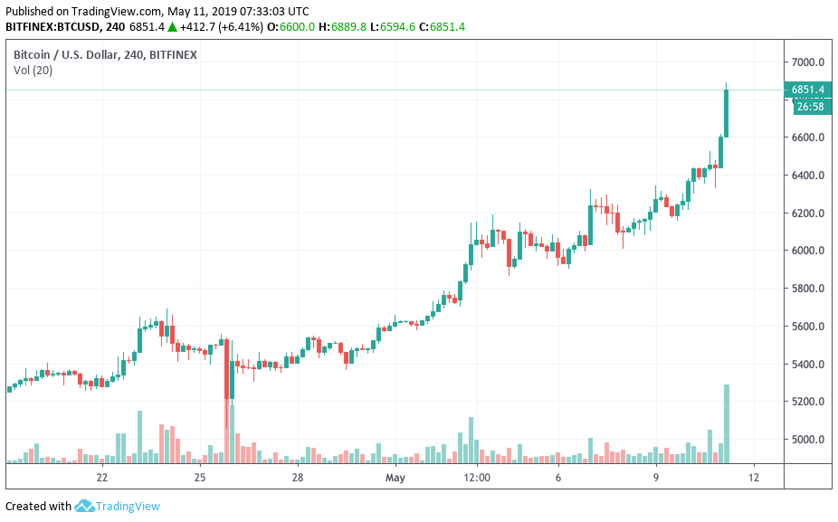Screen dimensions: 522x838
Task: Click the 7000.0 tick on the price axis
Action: pyautogui.click(x=807, y=62)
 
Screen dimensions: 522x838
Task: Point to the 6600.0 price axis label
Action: pyautogui.click(x=807, y=138)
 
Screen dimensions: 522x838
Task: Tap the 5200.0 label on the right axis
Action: pyautogui.click(x=807, y=402)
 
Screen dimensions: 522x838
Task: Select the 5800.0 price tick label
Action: pyautogui.click(x=807, y=289)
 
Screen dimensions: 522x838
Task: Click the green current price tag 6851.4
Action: pyautogui.click(x=807, y=90)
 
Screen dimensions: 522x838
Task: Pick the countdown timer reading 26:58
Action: pyautogui.click(x=809, y=106)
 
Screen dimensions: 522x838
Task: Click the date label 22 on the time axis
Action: pyautogui.click(x=102, y=477)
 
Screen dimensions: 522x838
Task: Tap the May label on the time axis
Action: pyautogui.click(x=395, y=477)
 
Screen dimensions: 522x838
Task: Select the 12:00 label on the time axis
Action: pyautogui.click(x=476, y=477)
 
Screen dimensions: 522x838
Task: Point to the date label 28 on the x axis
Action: pyautogui.click(x=297, y=477)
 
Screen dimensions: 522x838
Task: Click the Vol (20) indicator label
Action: pyautogui.click(x=33, y=70)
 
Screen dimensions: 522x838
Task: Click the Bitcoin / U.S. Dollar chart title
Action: pyautogui.click(x=105, y=54)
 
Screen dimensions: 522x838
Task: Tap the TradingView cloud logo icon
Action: pyautogui.click(x=84, y=506)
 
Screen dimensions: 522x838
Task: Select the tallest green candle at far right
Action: pyautogui.click(x=726, y=113)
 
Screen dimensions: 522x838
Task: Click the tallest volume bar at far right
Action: pyautogui.click(x=726, y=423)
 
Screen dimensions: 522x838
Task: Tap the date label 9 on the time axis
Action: pyautogui.click(x=656, y=477)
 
